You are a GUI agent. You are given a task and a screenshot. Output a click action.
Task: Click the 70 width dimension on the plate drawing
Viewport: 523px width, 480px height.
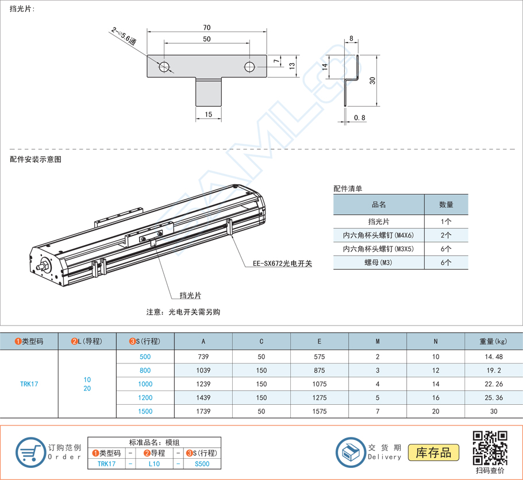click(x=207, y=28)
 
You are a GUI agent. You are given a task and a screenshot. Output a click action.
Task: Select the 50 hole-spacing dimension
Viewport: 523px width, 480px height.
click(x=207, y=39)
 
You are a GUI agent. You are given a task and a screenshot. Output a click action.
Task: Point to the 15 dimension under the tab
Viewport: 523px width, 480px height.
click(x=208, y=115)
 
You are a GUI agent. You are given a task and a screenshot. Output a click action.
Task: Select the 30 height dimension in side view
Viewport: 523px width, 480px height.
click(x=372, y=80)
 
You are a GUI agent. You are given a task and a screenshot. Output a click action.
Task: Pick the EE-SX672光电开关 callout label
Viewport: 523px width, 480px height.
click(x=282, y=264)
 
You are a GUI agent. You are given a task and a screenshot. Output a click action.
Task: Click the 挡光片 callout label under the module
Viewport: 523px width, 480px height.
click(x=190, y=295)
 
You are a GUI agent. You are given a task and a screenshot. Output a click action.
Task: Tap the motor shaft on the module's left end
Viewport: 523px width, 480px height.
click(x=41, y=267)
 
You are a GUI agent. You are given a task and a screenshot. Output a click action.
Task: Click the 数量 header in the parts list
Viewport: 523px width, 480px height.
click(x=446, y=204)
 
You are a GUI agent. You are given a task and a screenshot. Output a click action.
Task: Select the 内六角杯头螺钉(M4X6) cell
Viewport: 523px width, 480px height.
click(x=378, y=235)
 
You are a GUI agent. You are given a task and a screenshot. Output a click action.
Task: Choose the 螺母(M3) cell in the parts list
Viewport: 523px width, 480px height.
click(x=378, y=262)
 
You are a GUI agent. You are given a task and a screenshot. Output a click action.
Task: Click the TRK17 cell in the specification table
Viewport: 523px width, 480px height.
click(x=29, y=384)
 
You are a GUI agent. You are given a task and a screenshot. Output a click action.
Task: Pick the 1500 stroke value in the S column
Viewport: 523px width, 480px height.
click(x=145, y=411)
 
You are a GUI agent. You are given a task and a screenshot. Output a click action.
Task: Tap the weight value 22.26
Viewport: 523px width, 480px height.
click(x=493, y=384)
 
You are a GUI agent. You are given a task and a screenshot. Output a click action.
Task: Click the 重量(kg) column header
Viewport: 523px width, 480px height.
click(x=493, y=342)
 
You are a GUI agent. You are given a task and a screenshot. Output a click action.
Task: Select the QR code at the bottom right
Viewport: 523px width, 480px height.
click(x=490, y=448)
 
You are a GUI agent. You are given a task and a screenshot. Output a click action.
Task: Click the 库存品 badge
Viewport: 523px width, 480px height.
click(x=433, y=452)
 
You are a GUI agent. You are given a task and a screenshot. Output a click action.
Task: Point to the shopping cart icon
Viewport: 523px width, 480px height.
click(x=30, y=451)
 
